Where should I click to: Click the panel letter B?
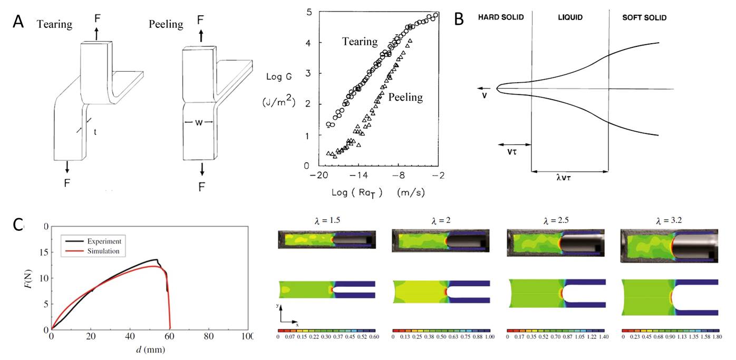coord(459,20)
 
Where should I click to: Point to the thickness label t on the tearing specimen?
coord(95,131)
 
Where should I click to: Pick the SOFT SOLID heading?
coord(644,17)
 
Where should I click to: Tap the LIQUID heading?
coord(570,17)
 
